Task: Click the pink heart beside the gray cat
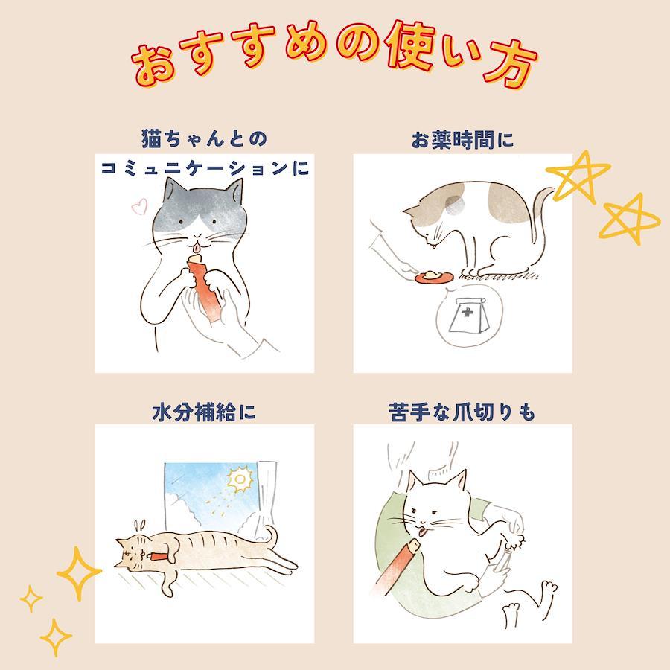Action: tap(139, 206)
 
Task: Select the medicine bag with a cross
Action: tap(468, 315)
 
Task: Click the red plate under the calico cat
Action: tap(433, 276)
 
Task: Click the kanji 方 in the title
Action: tap(509, 64)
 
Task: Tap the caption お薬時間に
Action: tap(462, 140)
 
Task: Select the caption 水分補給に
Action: tap(204, 412)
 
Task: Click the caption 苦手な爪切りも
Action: tap(462, 412)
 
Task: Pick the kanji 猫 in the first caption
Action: tap(151, 139)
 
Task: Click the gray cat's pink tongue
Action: tap(196, 247)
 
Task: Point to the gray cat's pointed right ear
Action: tap(236, 190)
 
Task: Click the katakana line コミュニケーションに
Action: tap(205, 168)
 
